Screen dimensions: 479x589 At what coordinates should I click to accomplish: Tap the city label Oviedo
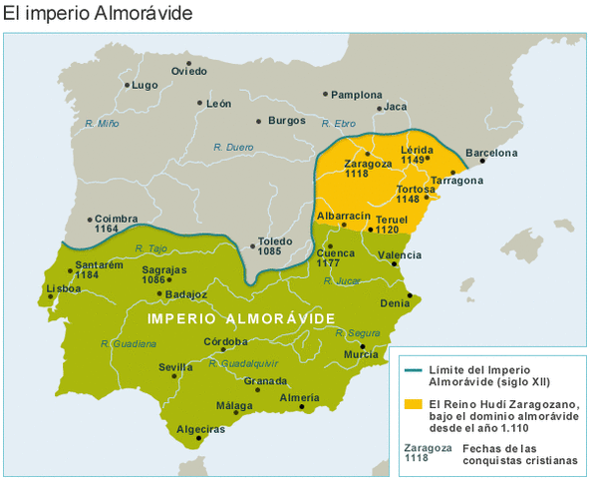[x=189, y=71]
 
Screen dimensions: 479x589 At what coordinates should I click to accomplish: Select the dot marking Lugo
[x=128, y=85]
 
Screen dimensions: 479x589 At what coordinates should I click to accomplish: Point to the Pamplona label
[x=356, y=94]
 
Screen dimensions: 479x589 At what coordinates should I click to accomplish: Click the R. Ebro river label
[x=339, y=123]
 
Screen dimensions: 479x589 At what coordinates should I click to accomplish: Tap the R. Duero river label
[x=233, y=147]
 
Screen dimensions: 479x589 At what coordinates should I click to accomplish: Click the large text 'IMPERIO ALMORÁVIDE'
[x=240, y=317]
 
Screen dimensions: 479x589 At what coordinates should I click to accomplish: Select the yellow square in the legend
[x=411, y=403]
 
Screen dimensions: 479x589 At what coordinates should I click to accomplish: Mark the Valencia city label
[x=399, y=255]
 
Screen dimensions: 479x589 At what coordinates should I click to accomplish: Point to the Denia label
[x=395, y=302]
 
